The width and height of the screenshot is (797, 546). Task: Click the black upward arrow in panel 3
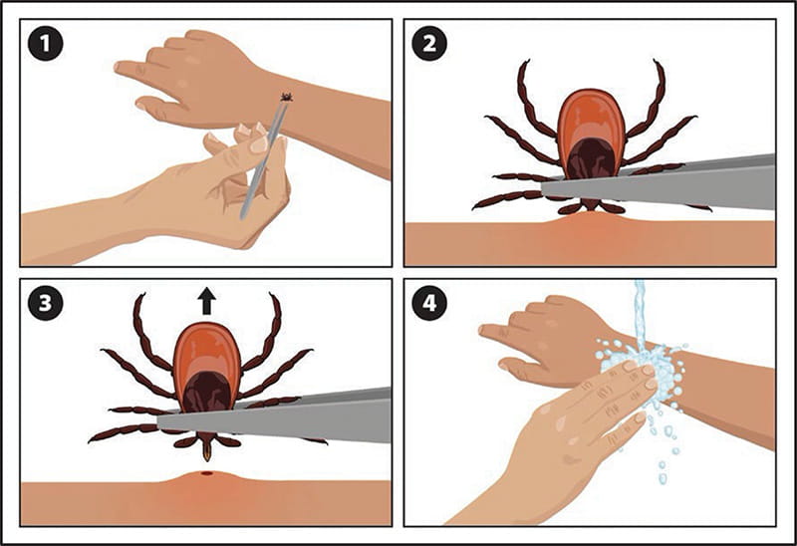pos(207,300)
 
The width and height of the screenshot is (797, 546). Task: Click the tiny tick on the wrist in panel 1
pos(286,98)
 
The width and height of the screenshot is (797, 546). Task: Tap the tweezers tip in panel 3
pos(165,420)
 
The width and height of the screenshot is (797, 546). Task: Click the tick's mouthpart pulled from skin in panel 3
pos(207,450)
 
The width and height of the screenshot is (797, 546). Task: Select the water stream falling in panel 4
pos(640,309)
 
